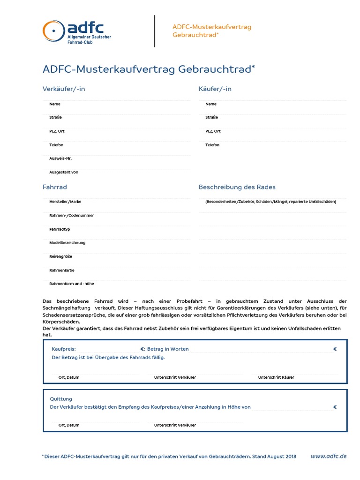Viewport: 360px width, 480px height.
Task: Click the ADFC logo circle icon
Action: (x=52, y=31)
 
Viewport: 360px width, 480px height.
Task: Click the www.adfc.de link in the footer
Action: (x=329, y=456)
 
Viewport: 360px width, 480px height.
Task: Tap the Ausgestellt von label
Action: (x=64, y=172)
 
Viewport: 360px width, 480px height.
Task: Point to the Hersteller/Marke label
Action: (x=65, y=202)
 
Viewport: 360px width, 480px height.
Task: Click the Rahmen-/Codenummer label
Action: (x=71, y=216)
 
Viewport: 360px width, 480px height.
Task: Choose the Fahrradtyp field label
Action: (x=60, y=229)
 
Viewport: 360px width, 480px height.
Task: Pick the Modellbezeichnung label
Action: (x=67, y=243)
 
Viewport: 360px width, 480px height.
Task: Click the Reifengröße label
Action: (x=61, y=256)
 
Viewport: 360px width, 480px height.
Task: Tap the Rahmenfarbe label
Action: (x=62, y=270)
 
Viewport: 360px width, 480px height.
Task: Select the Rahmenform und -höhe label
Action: (x=72, y=284)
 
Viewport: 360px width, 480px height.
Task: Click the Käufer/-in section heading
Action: (x=215, y=89)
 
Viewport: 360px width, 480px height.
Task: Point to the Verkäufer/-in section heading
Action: (x=64, y=89)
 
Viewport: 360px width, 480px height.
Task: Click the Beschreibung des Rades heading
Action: (x=237, y=187)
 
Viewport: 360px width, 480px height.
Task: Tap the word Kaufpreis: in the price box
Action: (x=63, y=349)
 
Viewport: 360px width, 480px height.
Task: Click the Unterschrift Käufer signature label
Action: (x=276, y=377)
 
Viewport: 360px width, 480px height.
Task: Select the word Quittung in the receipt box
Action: (x=61, y=399)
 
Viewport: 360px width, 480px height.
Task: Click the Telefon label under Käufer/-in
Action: (x=212, y=145)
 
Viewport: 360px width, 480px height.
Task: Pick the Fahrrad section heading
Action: (x=55, y=187)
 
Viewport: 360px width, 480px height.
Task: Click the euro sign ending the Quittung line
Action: (x=335, y=407)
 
